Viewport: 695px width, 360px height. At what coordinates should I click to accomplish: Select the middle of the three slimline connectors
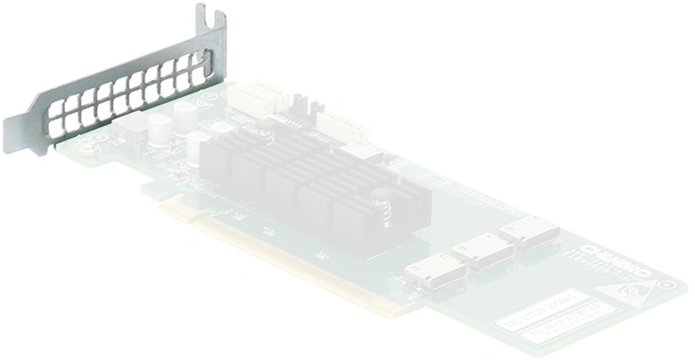(481, 251)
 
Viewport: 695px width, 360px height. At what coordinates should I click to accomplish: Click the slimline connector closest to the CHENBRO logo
(529, 228)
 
